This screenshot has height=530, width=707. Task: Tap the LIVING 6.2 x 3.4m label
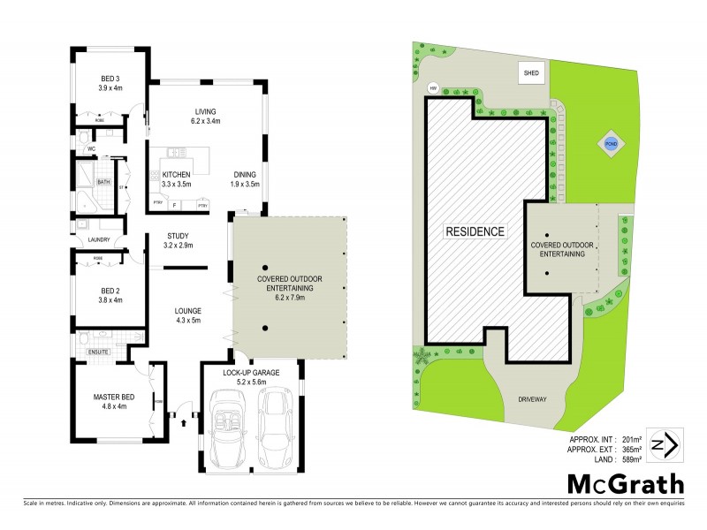206,116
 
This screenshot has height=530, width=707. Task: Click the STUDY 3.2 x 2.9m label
178,240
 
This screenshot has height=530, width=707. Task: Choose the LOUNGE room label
188,315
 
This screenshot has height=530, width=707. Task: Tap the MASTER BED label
112,401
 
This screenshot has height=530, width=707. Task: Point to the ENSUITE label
97,352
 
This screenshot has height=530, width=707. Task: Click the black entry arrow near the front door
184,421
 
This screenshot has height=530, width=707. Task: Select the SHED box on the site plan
532,74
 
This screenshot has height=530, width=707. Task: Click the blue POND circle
611,145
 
